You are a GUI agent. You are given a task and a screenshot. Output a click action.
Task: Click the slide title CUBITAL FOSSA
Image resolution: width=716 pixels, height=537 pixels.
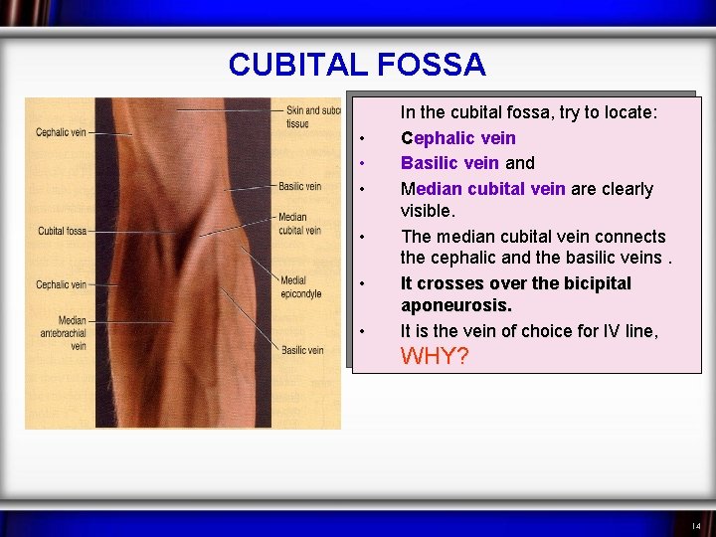coord(356,65)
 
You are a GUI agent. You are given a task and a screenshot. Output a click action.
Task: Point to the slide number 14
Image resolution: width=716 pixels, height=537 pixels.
coord(696,525)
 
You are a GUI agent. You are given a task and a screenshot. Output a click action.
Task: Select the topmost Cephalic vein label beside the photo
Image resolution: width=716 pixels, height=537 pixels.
coord(62,132)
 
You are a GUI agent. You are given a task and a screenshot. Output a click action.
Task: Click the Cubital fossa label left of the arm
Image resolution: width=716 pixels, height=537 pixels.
coord(63,231)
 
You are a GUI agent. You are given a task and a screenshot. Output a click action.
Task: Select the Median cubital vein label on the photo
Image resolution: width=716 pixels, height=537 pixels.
coord(299,224)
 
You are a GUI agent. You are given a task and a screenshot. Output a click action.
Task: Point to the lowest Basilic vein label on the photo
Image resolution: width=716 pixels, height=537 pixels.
coord(301,350)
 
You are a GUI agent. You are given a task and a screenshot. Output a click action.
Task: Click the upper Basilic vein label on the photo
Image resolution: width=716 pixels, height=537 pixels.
coord(299,186)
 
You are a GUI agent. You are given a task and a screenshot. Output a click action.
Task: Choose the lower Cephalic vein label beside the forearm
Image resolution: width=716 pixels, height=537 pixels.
coord(62,284)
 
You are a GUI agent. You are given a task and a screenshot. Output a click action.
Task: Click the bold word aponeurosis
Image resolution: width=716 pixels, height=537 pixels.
coord(455,306)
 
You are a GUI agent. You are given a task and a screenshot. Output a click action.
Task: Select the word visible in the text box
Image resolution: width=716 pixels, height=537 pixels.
coord(427,211)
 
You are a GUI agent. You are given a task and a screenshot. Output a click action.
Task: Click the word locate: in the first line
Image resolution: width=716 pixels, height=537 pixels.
coord(627,113)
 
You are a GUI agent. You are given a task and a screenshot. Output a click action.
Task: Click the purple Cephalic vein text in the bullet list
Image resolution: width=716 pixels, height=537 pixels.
coord(457,138)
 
